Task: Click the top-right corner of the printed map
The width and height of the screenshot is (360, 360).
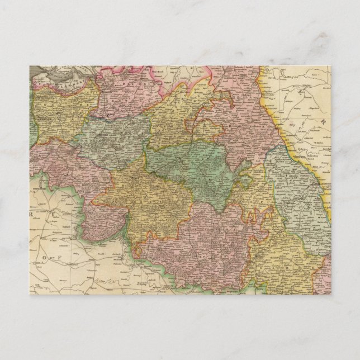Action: [x=331, y=66]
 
